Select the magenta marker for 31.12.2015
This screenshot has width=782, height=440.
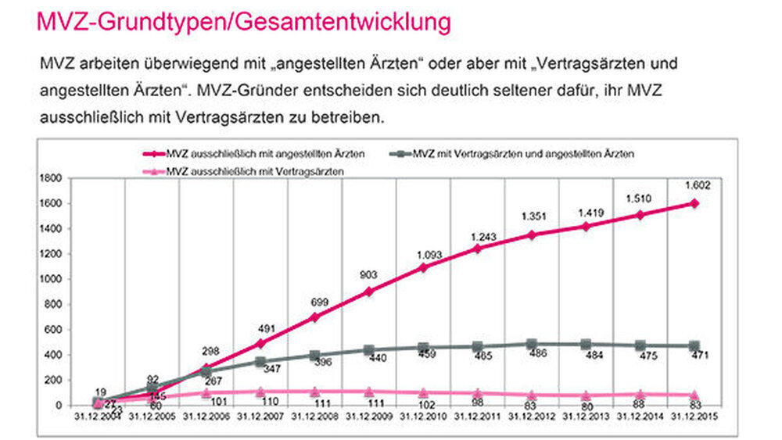coord(694,204)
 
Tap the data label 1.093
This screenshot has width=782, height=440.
coord(422,254)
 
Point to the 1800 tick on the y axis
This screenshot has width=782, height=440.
coord(53,179)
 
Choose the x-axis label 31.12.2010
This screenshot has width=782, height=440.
coord(422,417)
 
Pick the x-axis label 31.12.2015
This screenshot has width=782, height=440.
coord(694,417)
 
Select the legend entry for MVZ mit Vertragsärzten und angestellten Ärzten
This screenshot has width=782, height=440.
coord(522,153)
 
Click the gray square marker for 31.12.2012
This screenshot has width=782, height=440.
coord(531,344)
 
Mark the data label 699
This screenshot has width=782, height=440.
coord(314,302)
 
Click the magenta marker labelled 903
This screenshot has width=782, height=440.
coord(368,291)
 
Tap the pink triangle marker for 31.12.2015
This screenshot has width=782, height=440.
coord(694,395)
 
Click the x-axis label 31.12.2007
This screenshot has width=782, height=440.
coord(259,417)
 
